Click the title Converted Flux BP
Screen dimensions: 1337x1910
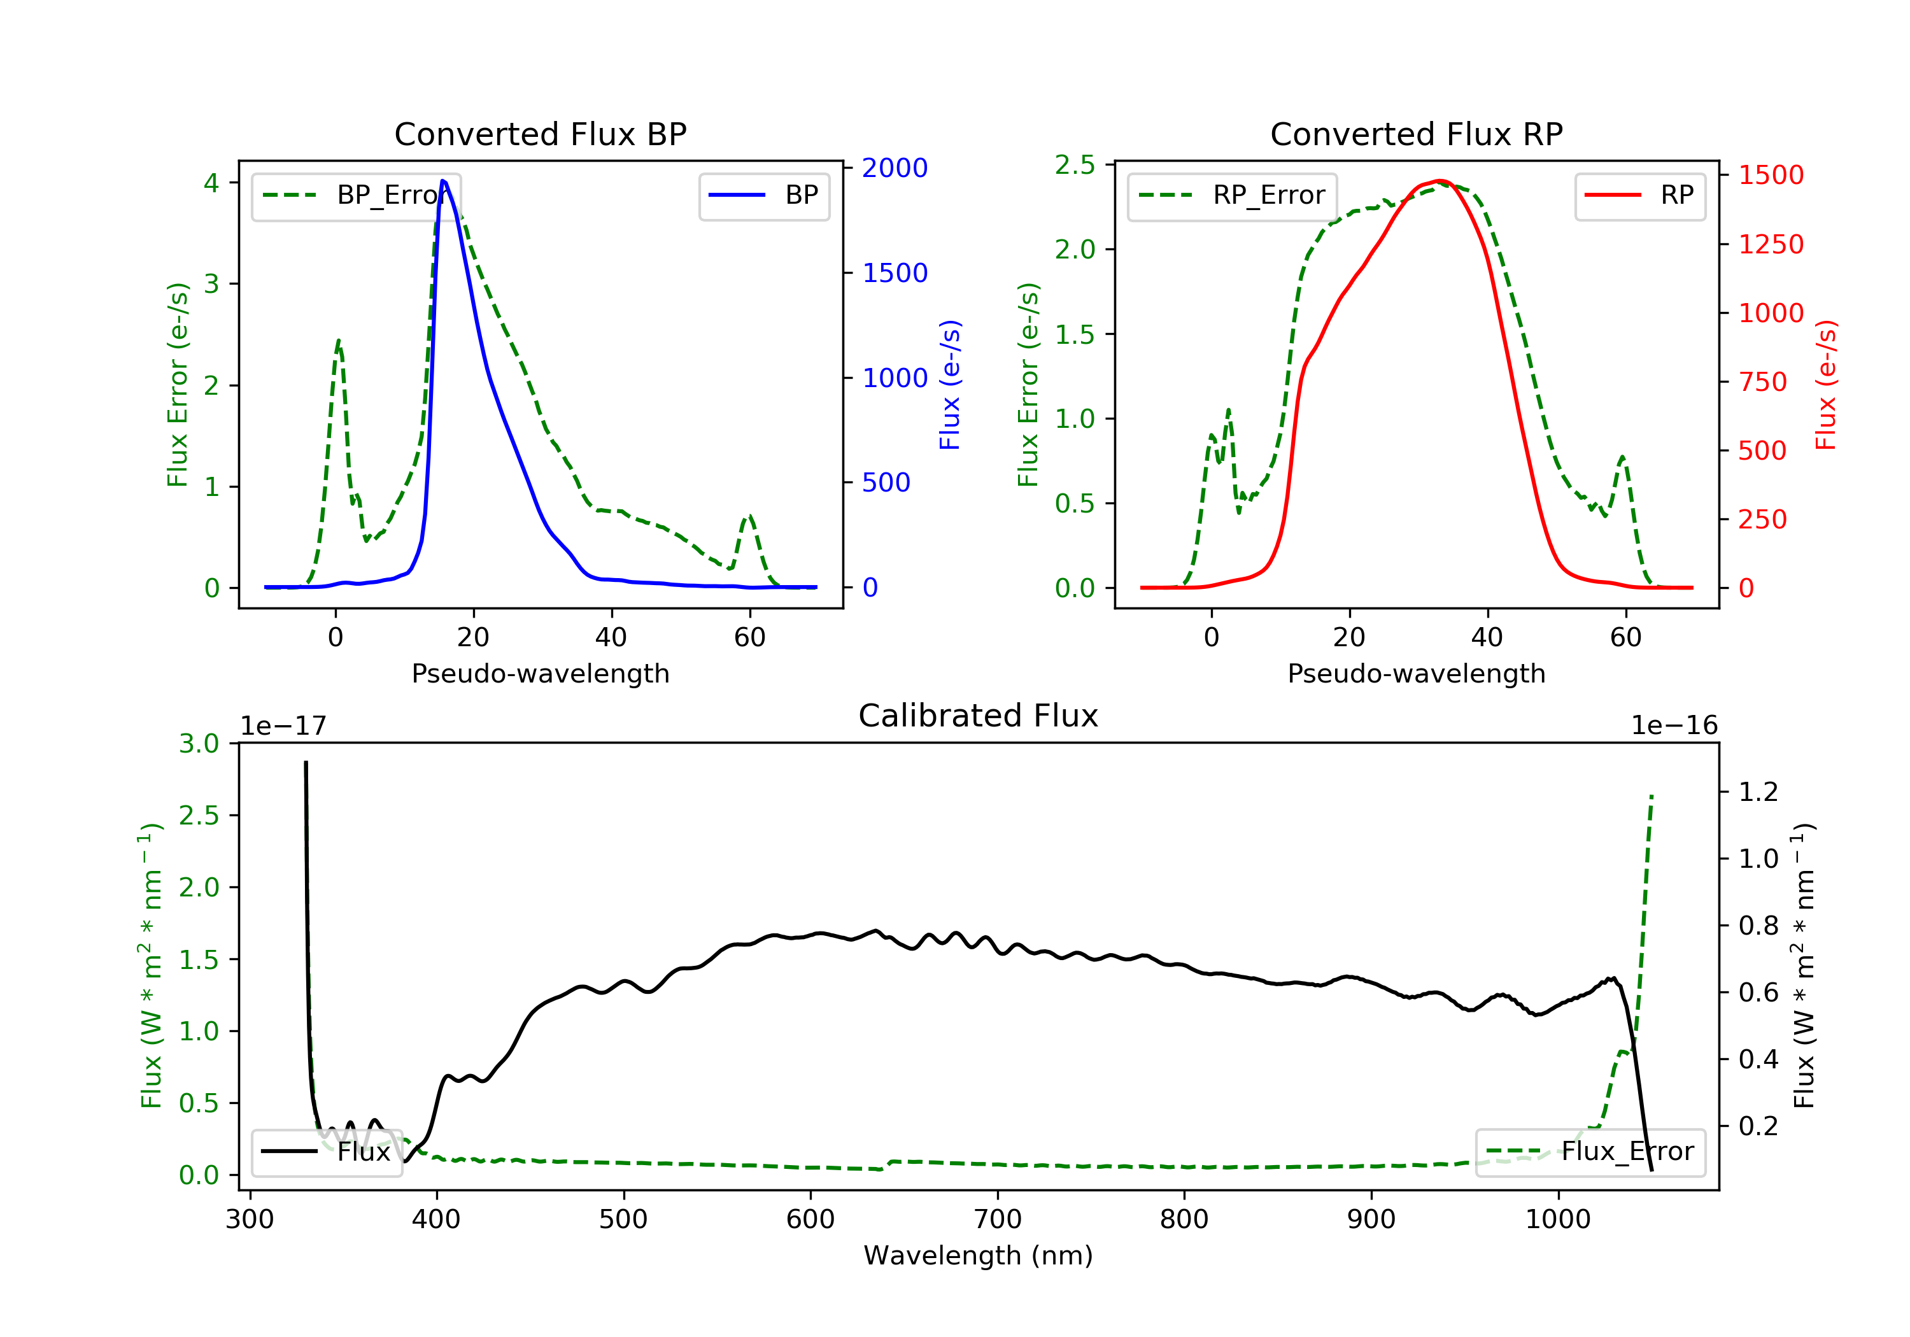click(540, 134)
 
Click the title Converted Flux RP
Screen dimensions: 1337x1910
click(1416, 134)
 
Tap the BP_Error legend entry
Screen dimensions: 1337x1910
click(356, 195)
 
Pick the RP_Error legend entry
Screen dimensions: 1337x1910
click(1232, 195)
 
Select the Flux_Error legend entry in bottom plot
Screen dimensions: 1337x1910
click(1590, 1152)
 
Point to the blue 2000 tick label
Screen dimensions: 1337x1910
click(895, 168)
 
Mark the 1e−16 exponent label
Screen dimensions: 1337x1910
click(1674, 726)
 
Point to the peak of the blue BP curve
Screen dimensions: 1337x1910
click(443, 181)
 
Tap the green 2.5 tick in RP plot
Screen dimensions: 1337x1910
click(1075, 165)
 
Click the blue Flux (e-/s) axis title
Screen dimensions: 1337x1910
click(950, 385)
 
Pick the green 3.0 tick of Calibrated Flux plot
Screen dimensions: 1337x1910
click(199, 744)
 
